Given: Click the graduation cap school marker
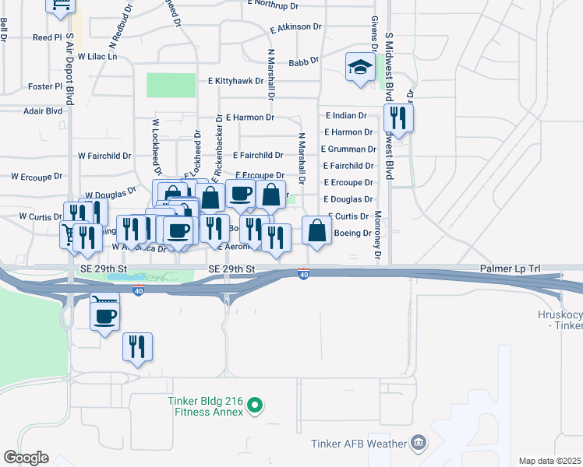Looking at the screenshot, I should click(x=361, y=68).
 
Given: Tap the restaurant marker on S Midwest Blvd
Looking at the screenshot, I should click(x=398, y=118).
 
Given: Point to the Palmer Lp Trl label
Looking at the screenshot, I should click(x=510, y=269).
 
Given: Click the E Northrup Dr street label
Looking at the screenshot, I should click(x=273, y=5).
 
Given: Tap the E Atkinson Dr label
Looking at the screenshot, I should click(x=296, y=27).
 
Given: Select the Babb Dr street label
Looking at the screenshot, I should click(x=303, y=61).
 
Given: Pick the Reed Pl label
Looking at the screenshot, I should click(x=47, y=37).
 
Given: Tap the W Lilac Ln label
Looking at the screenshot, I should click(x=97, y=57).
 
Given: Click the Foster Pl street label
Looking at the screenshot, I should click(x=44, y=86).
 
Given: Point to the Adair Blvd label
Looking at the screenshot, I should click(x=43, y=111).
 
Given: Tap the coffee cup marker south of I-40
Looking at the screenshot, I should click(x=105, y=315).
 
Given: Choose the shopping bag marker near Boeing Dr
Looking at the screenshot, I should click(x=316, y=231).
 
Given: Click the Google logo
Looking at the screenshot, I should click(x=26, y=458).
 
